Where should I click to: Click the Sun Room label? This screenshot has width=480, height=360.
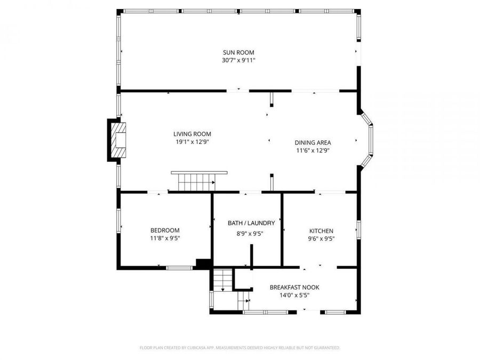click(238, 52)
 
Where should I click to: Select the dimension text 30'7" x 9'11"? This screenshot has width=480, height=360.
click(238, 60)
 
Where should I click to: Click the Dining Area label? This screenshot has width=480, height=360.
click(313, 142)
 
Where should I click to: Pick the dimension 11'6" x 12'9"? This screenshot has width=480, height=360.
click(313, 150)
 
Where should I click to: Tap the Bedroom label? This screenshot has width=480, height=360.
click(165, 230)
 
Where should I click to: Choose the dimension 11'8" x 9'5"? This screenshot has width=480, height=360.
click(165, 238)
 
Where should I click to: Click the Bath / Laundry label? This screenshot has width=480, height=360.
click(251, 223)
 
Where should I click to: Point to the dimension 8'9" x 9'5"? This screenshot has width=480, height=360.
click(250, 233)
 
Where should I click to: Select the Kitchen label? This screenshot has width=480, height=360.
click(322, 231)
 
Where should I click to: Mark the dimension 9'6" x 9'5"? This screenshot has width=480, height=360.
click(322, 239)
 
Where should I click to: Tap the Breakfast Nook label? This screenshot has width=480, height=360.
click(294, 287)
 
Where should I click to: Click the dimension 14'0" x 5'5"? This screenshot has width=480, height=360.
click(294, 295)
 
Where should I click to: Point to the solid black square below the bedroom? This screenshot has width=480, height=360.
click(203, 263)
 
